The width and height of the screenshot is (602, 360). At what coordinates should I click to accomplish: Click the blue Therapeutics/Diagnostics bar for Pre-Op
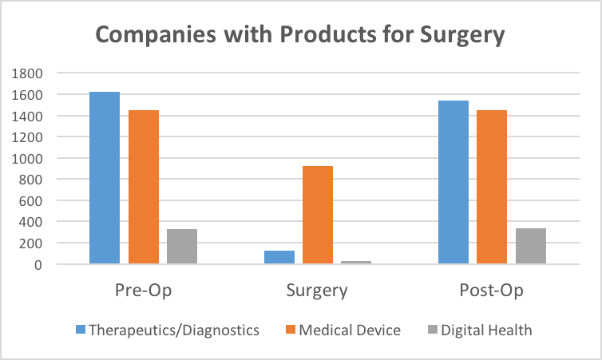104,177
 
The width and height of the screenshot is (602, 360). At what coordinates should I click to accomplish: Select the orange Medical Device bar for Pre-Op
143,187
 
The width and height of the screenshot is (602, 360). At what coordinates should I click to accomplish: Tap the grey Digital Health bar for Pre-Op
182,246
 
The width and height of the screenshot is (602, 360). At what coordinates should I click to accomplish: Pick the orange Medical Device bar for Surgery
318,215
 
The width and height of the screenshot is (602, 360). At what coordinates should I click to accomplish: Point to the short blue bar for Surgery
279,257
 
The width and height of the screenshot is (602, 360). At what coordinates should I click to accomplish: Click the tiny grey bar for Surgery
356,262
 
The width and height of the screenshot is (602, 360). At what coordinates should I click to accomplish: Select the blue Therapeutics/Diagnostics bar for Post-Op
453,182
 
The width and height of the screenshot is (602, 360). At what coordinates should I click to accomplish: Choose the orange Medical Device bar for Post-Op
492,187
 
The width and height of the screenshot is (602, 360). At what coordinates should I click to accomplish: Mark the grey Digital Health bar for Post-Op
531,246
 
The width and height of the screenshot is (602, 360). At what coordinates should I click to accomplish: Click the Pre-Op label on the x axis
143,291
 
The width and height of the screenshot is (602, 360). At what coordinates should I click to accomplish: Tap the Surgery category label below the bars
317,291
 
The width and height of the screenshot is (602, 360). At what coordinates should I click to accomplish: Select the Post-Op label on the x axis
492,291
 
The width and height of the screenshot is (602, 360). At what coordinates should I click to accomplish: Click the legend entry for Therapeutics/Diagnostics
168,330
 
